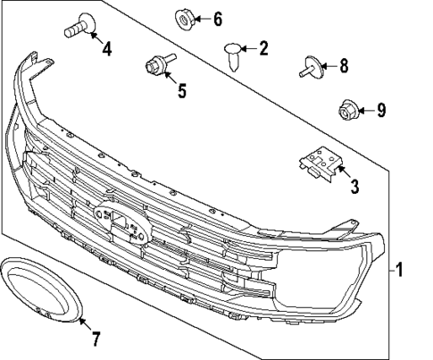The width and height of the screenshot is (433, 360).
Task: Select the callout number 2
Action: [262, 48]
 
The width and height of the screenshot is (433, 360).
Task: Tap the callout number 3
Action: [354, 187]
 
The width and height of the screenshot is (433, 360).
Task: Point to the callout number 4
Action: [106, 49]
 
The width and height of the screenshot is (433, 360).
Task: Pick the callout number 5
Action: [181, 90]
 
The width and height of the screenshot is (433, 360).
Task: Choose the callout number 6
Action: [217, 19]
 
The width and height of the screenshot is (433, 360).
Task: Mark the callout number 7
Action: [96, 338]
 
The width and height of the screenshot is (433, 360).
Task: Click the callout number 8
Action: [344, 65]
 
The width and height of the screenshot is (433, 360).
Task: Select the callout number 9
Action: [380, 111]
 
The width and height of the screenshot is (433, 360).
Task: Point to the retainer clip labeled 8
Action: [312, 66]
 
